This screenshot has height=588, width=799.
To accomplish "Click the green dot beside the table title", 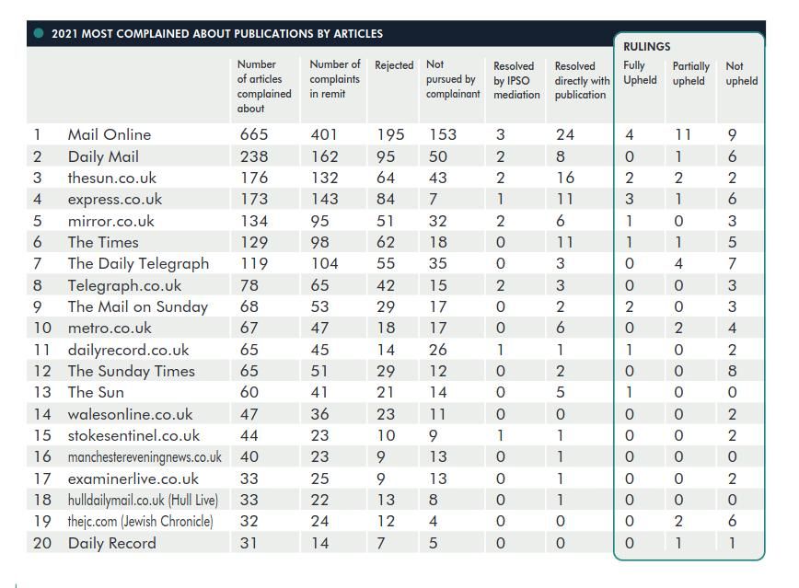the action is [39, 34].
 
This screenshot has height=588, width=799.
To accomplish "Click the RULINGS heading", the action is [646, 47].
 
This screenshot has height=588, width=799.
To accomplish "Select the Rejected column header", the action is [394, 65].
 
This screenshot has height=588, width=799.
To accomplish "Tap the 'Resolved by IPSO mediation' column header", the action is [516, 80].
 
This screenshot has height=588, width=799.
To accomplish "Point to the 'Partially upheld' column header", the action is [690, 74].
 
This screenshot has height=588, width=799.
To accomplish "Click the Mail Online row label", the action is [110, 134].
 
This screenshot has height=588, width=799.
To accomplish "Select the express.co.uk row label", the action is [115, 200].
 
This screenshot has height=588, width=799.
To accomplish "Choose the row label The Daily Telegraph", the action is [138, 263].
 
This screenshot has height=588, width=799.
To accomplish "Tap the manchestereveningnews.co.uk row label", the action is [145, 457].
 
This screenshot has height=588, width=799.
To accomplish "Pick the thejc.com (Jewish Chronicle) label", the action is [140, 521].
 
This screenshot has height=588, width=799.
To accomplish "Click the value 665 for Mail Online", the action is [254, 134].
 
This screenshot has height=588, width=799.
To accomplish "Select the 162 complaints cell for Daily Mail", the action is [324, 156].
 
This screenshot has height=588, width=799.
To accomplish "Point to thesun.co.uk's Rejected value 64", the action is [386, 178].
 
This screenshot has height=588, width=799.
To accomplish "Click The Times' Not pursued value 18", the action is [437, 242].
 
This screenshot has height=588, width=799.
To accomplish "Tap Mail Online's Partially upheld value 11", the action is [682, 134].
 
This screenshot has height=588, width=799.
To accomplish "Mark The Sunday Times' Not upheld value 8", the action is [732, 371].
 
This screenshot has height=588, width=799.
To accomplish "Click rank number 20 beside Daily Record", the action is [42, 543].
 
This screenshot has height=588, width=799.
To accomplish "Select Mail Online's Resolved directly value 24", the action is [565, 134].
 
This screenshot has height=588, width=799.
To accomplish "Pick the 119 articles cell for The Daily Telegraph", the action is [254, 263].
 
